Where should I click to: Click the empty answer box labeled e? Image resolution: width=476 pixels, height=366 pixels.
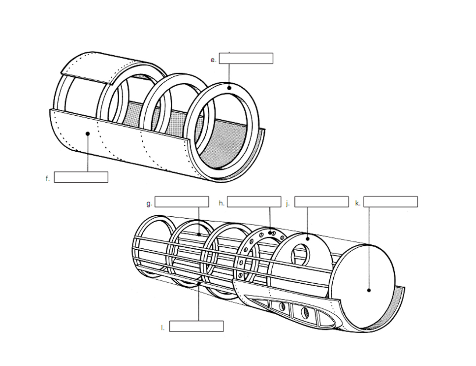(x=246, y=58)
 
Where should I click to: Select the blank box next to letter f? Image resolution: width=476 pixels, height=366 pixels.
(x=81, y=177)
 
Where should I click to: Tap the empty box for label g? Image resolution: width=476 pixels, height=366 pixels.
(x=182, y=201)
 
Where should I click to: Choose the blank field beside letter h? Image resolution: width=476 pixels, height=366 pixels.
(x=254, y=201)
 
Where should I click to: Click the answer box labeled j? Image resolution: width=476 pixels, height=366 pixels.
(x=321, y=201)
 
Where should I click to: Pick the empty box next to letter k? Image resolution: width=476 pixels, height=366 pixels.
(x=391, y=201)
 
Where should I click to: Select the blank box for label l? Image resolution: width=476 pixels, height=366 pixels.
(x=196, y=326)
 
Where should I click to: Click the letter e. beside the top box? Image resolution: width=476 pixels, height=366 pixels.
(x=213, y=60)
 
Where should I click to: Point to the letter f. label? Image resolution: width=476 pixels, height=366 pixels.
(x=48, y=179)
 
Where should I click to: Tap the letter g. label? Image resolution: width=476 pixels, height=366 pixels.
(x=149, y=203)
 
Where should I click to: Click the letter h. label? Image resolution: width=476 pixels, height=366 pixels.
(x=222, y=203)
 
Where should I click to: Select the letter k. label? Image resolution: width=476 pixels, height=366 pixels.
(x=358, y=203)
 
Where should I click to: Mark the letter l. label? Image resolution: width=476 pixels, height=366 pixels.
(x=163, y=328)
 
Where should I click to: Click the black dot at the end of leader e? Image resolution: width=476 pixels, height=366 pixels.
(x=229, y=88)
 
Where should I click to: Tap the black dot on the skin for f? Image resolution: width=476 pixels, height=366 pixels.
(x=88, y=133)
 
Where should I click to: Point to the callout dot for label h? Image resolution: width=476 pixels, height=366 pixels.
(x=270, y=233)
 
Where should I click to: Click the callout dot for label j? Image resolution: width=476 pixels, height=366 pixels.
(x=308, y=239)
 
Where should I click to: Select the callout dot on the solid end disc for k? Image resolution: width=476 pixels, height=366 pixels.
(x=369, y=290)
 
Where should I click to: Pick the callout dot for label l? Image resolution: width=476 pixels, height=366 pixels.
(x=199, y=283)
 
